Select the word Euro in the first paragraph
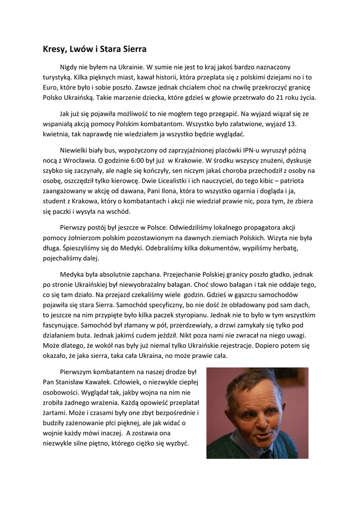[x=51, y=87]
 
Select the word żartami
[x=56, y=413]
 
